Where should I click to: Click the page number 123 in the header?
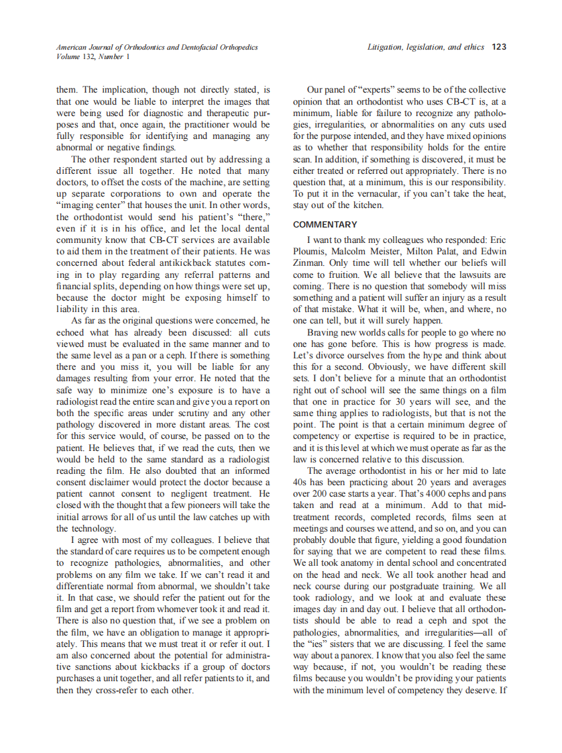(x=498, y=47)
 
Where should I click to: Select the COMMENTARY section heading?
(x=325, y=224)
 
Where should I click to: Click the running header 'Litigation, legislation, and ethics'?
(x=426, y=47)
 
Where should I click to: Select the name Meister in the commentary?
(x=384, y=251)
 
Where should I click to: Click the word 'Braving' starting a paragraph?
(x=323, y=332)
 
